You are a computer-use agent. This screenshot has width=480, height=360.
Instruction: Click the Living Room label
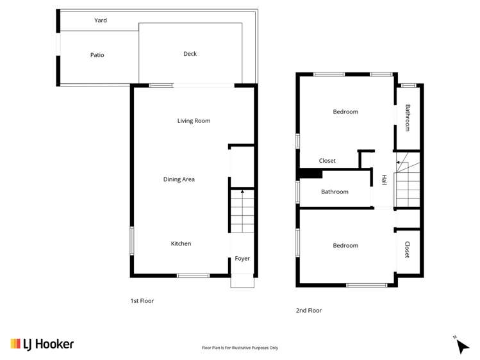point(194,120)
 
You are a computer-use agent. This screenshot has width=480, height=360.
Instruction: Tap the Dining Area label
point(179,179)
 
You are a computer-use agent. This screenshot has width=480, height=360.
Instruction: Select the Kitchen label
point(181,243)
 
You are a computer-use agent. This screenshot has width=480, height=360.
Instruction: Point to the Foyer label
point(242,259)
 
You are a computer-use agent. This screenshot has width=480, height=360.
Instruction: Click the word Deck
point(190,54)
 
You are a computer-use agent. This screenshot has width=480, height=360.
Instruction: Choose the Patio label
point(97,55)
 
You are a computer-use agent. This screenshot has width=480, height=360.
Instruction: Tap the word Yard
point(101,20)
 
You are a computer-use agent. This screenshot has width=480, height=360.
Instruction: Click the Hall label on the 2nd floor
point(384,181)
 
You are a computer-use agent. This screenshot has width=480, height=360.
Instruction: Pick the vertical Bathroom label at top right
point(407,116)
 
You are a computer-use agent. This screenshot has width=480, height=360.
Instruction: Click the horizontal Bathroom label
point(335,192)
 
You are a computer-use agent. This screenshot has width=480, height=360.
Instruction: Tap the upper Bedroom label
point(345,112)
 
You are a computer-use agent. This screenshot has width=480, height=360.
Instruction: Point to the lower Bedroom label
point(345,245)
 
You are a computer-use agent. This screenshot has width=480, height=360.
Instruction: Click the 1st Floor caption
point(142,300)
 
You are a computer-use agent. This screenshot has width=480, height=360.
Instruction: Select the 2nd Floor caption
point(309,310)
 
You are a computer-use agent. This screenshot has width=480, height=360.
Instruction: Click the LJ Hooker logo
point(42,344)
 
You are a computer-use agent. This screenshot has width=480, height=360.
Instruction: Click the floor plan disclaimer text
point(240,348)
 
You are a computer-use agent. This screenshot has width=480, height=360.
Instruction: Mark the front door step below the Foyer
point(243,282)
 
